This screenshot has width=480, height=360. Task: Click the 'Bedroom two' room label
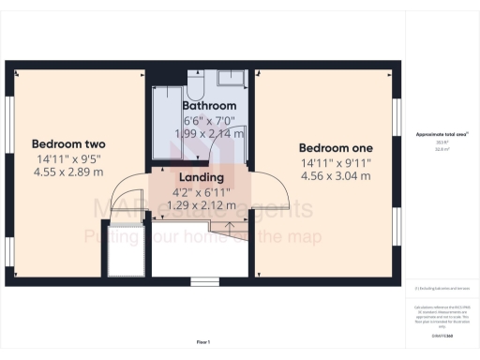68,143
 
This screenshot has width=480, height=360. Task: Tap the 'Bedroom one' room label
336,148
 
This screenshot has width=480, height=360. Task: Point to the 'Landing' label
201,177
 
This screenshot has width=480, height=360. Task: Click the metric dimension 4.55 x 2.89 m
68,172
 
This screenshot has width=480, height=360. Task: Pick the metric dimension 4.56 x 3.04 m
336,175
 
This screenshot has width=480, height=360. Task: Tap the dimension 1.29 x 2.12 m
201,203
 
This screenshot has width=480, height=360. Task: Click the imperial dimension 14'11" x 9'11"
336,162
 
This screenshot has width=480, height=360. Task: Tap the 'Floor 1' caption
203,341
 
